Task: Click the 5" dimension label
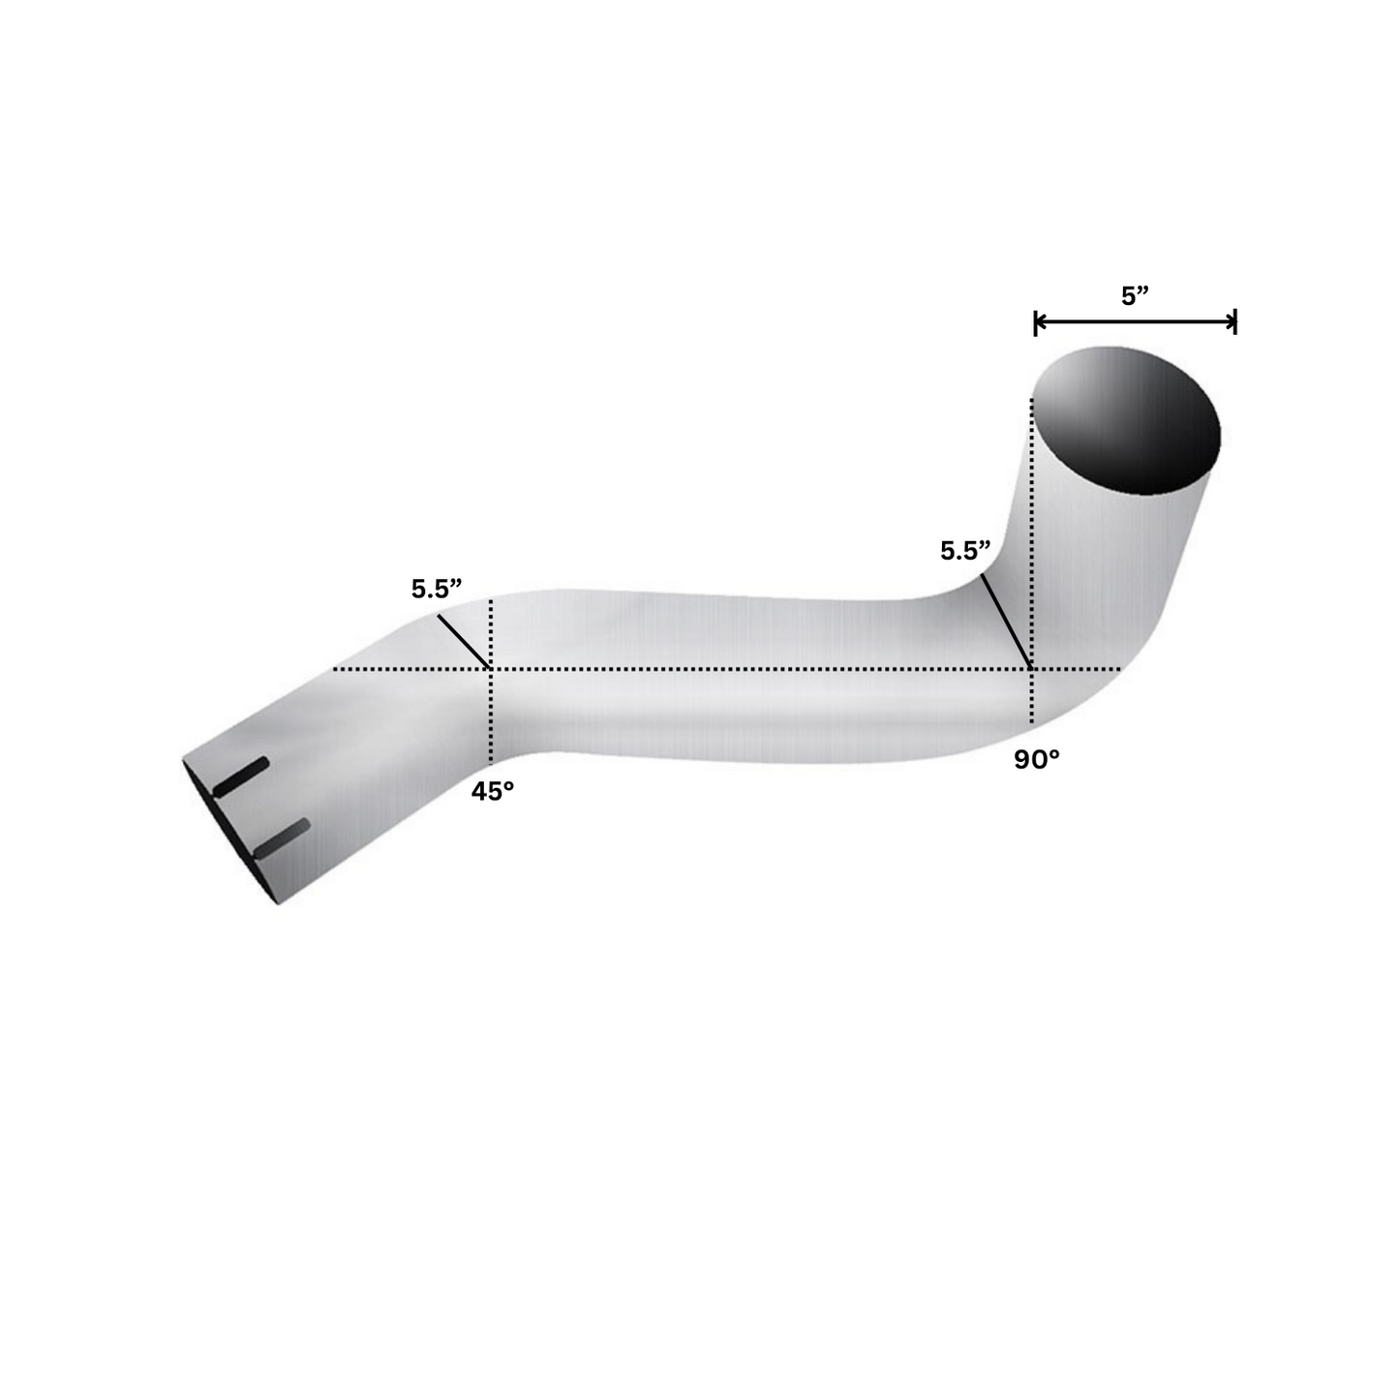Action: [1134, 296]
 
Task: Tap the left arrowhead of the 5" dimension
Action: [1039, 323]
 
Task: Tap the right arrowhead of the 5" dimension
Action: [1232, 323]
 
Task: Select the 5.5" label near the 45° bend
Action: [437, 589]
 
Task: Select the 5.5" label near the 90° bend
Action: [965, 551]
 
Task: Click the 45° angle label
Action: [492, 791]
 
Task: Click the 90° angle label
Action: [1037, 760]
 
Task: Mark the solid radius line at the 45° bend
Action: [464, 641]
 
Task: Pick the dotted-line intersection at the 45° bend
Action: [492, 669]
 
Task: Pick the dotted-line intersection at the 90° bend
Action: [1033, 669]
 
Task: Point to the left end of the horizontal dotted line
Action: [335, 669]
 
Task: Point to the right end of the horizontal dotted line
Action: [1121, 669]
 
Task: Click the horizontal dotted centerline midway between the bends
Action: [763, 669]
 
